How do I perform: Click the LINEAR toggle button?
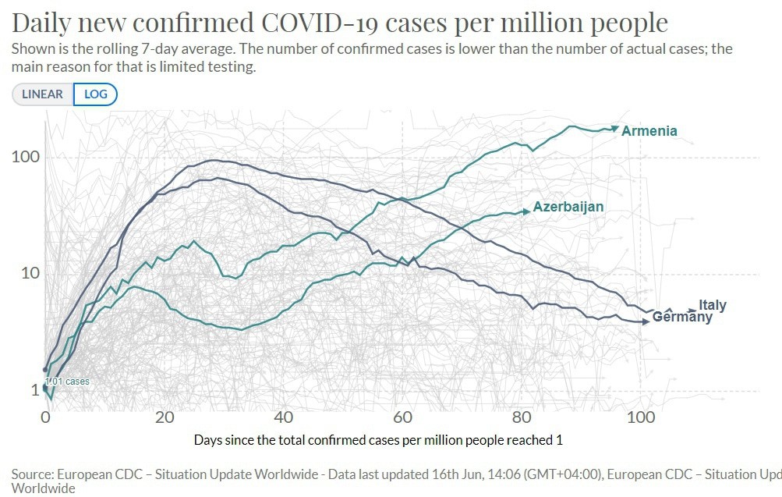coord(42,94)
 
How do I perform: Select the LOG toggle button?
coord(95,94)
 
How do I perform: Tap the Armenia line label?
coord(649,131)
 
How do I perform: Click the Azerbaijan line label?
coord(568,208)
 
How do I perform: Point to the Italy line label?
coord(713,305)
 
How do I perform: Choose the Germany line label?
coord(682,318)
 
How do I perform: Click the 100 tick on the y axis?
coord(26,158)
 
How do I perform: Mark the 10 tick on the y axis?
coord(30,274)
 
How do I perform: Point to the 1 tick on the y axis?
coord(34,389)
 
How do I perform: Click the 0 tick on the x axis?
coord(45,417)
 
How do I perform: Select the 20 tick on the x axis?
coord(165,417)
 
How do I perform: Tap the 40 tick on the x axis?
coord(283,417)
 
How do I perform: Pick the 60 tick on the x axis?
coord(402,417)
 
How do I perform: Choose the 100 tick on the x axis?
coord(640,417)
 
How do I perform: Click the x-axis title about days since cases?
coord(378,440)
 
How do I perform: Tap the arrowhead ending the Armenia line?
coord(615,128)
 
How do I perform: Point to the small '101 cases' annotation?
coord(67,382)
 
